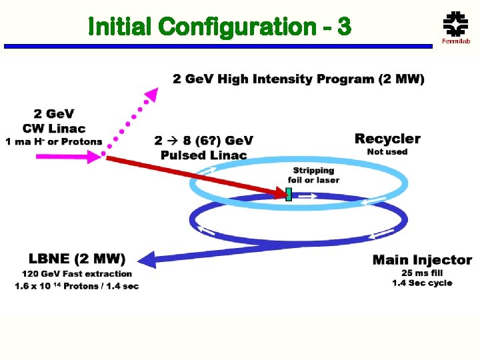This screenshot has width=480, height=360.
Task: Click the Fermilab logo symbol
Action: click(456, 24)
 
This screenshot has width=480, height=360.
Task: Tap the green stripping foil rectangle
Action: click(289, 194)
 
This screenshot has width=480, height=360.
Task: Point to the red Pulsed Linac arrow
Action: click(193, 175)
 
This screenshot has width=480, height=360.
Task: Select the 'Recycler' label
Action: click(387, 139)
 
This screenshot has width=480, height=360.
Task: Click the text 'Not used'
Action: click(387, 152)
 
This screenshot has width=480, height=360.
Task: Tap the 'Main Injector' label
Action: click(422, 260)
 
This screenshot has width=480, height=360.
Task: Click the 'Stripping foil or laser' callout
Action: click(313, 175)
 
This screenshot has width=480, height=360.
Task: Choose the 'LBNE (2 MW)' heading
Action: click(77, 259)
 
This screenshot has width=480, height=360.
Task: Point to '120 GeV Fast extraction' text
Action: click(77, 273)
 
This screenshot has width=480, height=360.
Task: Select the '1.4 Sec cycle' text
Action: click(422, 283)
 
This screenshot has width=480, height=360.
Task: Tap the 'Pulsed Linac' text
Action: click(203, 155)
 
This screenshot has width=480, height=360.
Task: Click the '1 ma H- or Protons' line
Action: click(54, 141)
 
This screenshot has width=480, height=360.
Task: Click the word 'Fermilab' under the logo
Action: click(456, 41)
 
